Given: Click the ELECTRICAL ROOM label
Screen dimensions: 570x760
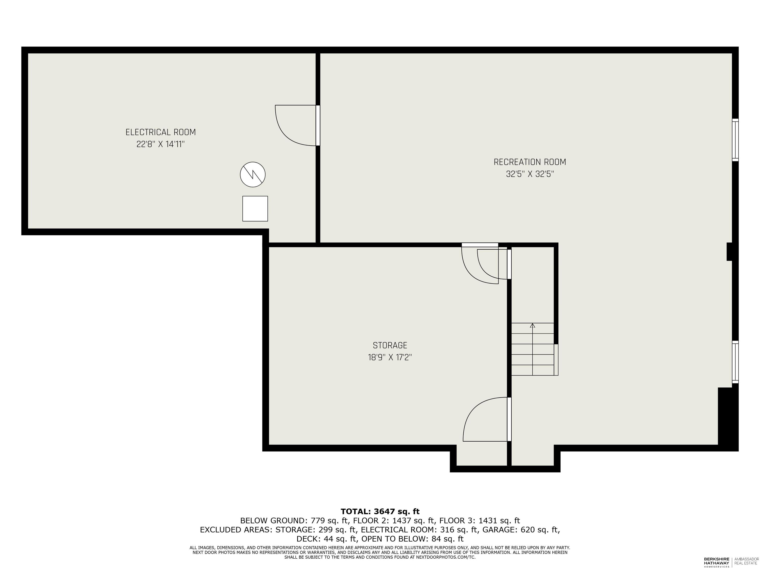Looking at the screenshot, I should point(161,132).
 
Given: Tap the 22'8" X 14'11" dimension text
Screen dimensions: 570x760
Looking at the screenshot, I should point(161,144).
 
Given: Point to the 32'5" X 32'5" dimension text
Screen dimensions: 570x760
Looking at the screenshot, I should point(530,174).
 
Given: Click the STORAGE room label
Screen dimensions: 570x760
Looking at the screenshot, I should point(390,345).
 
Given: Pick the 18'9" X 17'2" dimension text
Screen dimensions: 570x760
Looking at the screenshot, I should point(390,357).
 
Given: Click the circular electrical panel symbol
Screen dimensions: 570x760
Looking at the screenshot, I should point(253,175).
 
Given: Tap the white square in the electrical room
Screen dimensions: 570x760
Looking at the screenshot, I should point(255,209).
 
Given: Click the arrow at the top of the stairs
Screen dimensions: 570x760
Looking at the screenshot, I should point(533,325).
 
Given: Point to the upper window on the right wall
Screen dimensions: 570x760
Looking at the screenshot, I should point(735,140).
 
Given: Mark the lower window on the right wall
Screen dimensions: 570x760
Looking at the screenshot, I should point(735,362).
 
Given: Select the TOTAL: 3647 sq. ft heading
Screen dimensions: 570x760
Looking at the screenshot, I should point(380,512).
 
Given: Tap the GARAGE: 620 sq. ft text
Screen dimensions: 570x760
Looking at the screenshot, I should point(521,530).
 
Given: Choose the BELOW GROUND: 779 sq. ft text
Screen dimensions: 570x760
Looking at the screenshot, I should point(294,521).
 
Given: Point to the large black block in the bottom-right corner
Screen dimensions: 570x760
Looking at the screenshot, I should point(728,417).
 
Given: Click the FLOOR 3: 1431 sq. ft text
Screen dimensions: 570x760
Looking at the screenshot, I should point(480,521).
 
